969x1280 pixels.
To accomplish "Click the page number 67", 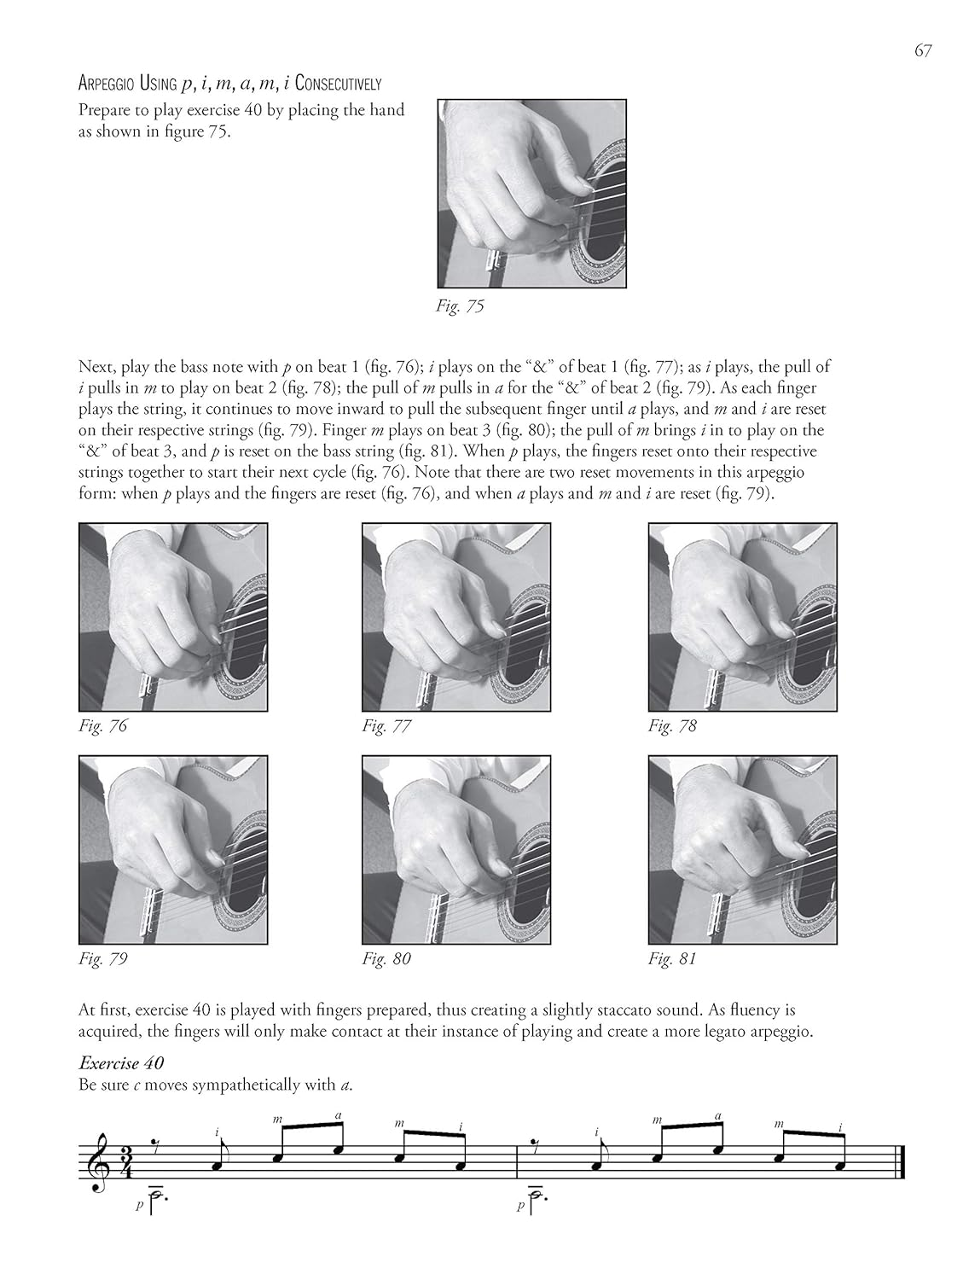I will click(x=923, y=51).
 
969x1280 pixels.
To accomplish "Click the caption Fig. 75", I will click(x=460, y=306).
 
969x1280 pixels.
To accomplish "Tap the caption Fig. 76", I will click(x=102, y=726).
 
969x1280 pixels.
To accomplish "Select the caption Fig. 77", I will click(x=386, y=726).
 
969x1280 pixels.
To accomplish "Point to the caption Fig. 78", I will click(x=672, y=726).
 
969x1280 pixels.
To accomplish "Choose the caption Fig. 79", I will click(x=102, y=958).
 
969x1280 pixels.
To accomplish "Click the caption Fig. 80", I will click(x=386, y=958).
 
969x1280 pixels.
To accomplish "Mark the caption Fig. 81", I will click(x=672, y=958).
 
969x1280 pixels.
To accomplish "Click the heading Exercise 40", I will click(x=121, y=1063).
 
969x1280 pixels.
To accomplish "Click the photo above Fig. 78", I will click(x=742, y=616).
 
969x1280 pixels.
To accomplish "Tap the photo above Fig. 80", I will click(x=456, y=849).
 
